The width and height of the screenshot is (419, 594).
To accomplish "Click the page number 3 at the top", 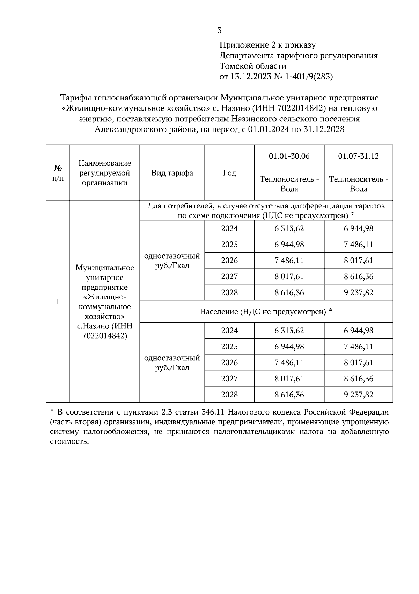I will point(219,30).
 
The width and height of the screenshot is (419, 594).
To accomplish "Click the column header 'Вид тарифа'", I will point(172,173).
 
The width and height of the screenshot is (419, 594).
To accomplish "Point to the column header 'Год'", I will point(229,173).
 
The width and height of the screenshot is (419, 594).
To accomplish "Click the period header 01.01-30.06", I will point(289,156).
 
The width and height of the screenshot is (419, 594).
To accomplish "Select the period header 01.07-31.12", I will point(358,156).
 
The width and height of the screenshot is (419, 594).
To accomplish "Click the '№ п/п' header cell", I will point(58,173).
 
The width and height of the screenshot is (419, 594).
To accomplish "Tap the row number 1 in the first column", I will point(58,302).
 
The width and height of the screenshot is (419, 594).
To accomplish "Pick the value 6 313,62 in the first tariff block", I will point(289,228).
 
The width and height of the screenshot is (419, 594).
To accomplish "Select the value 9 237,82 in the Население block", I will point(358,395).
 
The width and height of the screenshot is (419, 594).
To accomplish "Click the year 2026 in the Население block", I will point(229,362).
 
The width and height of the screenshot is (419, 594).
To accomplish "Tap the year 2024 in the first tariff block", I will point(229,228).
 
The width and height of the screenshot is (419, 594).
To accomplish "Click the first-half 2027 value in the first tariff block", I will point(289,276).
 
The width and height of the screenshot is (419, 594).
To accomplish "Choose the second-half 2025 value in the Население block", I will point(358,346).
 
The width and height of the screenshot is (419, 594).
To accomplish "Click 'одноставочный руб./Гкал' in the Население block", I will point(172,363).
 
